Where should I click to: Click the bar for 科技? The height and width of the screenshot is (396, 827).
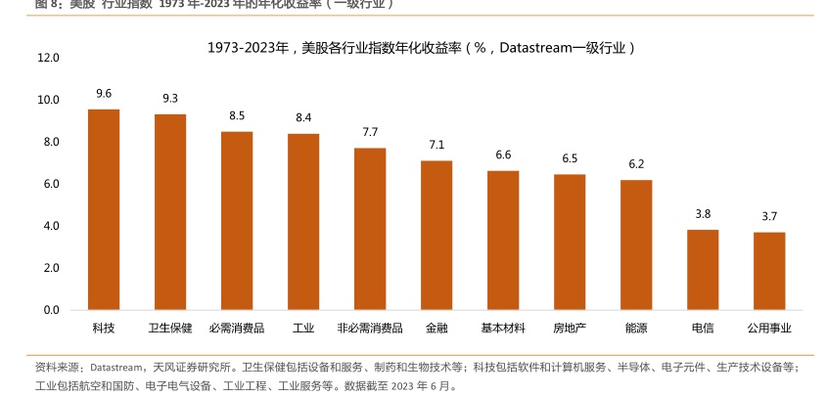(104, 209)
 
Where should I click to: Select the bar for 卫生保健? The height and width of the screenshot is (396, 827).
(170, 212)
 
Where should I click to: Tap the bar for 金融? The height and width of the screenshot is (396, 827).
(436, 236)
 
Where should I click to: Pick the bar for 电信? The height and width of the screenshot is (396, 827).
(703, 270)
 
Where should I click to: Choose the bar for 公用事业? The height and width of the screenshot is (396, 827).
(769, 271)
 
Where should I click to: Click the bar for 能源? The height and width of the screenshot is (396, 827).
(636, 244)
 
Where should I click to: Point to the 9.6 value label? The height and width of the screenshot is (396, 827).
(104, 94)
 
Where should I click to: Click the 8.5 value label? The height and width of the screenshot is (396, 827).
(237, 115)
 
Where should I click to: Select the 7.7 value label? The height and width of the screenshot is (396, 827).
(370, 132)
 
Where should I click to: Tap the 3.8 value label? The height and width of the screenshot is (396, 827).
(703, 214)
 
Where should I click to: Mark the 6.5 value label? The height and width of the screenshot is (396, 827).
(570, 158)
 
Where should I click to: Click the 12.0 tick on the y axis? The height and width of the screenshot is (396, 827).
(48, 58)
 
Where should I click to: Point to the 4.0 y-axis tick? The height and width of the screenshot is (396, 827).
(48, 226)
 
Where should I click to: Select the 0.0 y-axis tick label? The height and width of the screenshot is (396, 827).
(48, 310)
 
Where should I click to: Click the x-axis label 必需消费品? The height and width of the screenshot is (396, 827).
(237, 329)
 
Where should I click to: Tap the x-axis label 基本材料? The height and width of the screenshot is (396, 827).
(503, 329)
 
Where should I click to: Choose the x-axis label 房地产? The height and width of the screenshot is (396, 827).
(570, 329)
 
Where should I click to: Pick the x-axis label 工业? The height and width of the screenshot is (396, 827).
(303, 329)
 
